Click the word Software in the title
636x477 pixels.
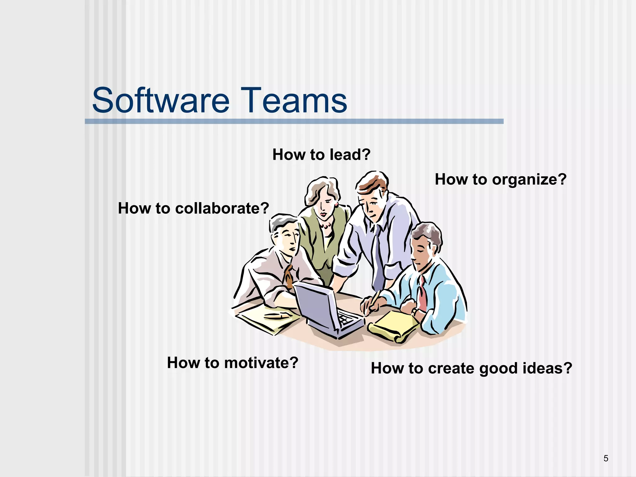[x=161, y=101]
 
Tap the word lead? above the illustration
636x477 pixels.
[x=350, y=155]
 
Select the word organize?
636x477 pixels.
[x=529, y=180]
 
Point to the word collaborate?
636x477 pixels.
[x=222, y=208]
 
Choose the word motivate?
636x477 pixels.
[x=261, y=363]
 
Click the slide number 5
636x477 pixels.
[x=606, y=458]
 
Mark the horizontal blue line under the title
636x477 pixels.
[x=294, y=121]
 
